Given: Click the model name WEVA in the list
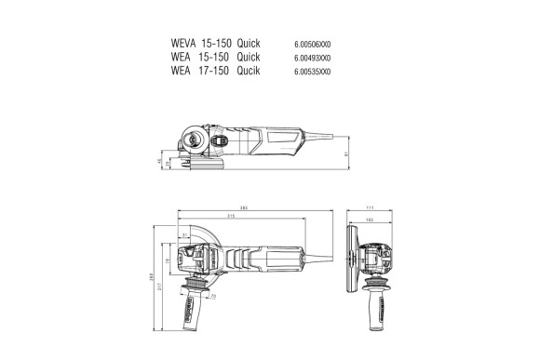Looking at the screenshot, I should (x=185, y=44).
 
